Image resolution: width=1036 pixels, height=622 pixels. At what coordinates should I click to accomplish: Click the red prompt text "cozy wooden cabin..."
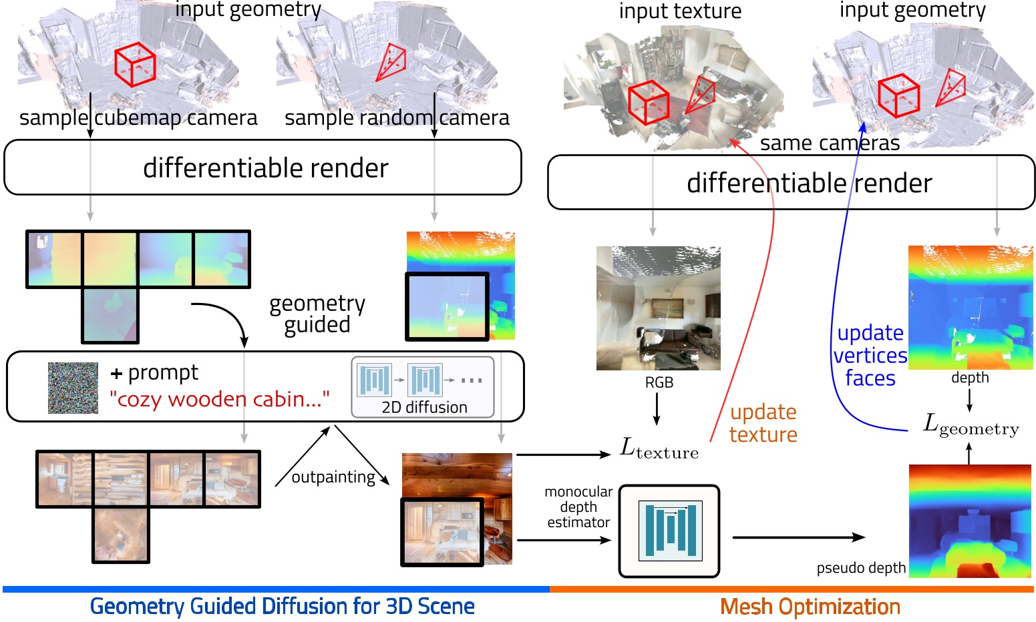tap(219, 399)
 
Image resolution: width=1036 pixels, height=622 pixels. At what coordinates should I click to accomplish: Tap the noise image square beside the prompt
tap(73, 388)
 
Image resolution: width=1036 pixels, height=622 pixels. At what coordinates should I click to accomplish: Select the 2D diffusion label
tap(424, 407)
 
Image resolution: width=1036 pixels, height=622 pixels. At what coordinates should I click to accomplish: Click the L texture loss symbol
tap(659, 448)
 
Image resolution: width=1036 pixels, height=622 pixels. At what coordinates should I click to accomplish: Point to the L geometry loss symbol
tap(971, 424)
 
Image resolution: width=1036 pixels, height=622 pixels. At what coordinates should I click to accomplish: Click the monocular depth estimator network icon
tap(669, 531)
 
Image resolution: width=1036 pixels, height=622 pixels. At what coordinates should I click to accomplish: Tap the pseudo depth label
tap(861, 568)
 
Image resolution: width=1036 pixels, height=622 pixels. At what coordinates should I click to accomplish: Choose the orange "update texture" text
tap(763, 423)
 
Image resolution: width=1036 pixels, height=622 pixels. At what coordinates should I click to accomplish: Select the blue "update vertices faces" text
tap(870, 355)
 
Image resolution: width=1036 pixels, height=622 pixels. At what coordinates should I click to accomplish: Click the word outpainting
tap(333, 477)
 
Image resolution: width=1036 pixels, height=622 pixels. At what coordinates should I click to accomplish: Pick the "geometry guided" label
tap(317, 314)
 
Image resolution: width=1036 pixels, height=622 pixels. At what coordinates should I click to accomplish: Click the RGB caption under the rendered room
tap(659, 382)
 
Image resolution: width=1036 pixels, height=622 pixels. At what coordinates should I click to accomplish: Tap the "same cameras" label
tap(830, 143)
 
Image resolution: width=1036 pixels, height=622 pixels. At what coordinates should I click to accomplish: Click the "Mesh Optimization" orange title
tap(810, 607)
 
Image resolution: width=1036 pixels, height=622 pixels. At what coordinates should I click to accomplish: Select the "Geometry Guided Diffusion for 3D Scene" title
tap(282, 607)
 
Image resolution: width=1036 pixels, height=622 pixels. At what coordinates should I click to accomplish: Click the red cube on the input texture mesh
tap(648, 102)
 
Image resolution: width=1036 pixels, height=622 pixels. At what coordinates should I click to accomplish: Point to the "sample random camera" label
tap(397, 118)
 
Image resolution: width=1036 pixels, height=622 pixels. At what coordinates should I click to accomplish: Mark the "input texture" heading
tap(680, 11)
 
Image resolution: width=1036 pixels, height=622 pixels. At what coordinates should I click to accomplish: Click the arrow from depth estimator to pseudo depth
tap(798, 537)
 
